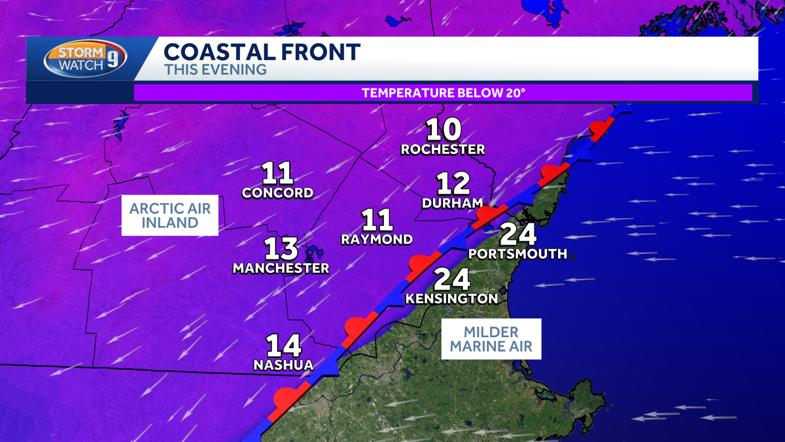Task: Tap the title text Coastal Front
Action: pos(262,52)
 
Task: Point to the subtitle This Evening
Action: pos(215,69)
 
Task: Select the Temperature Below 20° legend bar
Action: pos(443,92)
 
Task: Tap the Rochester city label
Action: pos(443,149)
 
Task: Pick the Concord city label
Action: pos(277,193)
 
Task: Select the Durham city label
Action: pos(452,203)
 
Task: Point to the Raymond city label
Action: pos(377,240)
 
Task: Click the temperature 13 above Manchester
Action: pos(281,249)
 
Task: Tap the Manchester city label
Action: pos(281,268)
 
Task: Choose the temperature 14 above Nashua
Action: pos(283,346)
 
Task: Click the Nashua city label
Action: pos(283,365)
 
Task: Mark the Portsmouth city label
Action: pos(517,254)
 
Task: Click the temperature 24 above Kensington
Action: pos(452,280)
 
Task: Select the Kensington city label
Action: pos(452,299)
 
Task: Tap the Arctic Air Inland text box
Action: pos(169,215)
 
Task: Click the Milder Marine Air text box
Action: pos(491,339)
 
